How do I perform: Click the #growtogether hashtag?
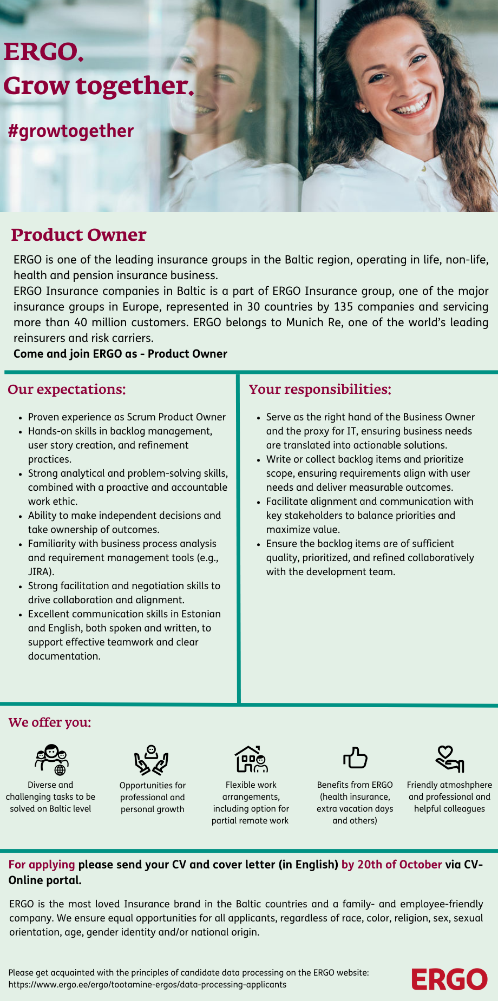click(x=71, y=131)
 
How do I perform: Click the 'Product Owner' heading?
click(x=78, y=235)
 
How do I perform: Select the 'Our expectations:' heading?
click(x=67, y=390)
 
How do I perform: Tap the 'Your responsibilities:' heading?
click(x=320, y=390)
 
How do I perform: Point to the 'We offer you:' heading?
click(x=50, y=722)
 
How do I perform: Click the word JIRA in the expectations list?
click(x=40, y=572)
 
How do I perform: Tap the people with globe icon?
click(x=51, y=759)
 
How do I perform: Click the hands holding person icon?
click(x=152, y=760)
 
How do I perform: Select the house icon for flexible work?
click(x=251, y=759)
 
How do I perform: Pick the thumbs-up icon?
click(x=355, y=758)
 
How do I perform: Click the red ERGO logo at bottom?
click(x=449, y=979)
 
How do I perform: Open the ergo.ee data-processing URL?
click(x=147, y=984)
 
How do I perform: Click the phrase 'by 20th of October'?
click(x=391, y=864)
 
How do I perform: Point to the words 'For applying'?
click(x=42, y=864)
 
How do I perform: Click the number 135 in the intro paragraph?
click(x=343, y=307)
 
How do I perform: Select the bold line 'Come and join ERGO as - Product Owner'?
click(x=120, y=354)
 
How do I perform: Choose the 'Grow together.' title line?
click(x=99, y=85)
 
